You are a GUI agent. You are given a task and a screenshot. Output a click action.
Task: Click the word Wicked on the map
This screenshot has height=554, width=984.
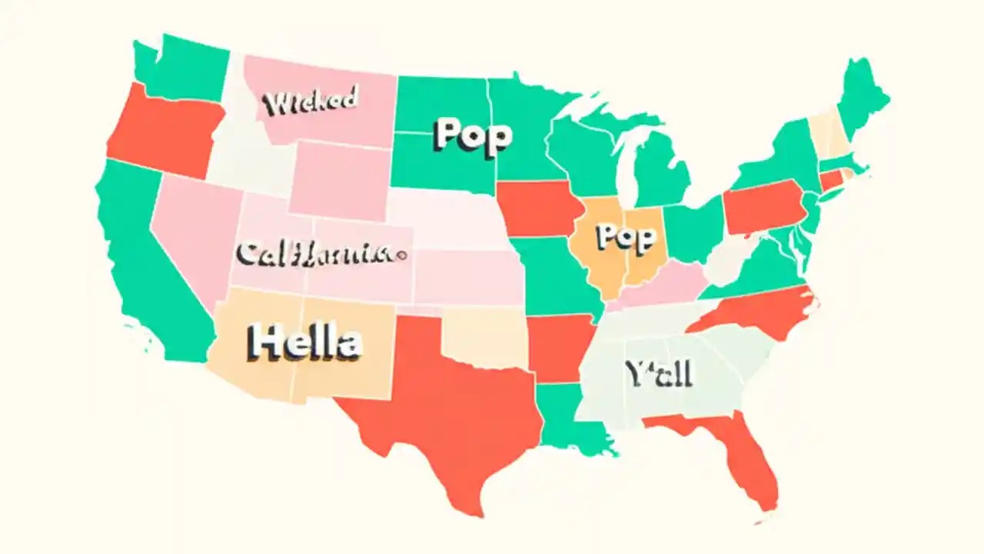(310, 102)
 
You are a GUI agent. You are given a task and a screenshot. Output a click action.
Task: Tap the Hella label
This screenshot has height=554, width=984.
(305, 342)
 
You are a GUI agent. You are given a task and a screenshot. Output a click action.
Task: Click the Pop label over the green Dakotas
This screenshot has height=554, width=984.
(472, 135)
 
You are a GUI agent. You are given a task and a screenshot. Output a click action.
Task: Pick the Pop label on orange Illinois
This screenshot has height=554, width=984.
(628, 237)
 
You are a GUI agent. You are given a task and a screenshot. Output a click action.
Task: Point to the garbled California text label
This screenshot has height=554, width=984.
(319, 252)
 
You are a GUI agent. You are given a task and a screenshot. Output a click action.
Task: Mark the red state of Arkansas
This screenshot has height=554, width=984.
(560, 346)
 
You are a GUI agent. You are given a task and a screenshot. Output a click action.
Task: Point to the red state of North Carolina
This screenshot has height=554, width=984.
(757, 312)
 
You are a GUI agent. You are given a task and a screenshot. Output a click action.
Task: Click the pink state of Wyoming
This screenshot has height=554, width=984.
(338, 181)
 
